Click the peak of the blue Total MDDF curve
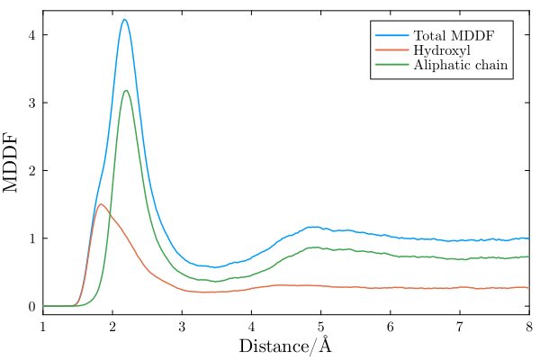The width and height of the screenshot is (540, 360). [x=125, y=20]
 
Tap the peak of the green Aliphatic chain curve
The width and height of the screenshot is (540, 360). [x=126, y=90]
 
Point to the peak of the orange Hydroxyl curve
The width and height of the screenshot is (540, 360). [x=101, y=204]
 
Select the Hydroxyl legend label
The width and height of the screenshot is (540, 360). [x=441, y=49]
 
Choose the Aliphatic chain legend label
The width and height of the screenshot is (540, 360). [x=460, y=65]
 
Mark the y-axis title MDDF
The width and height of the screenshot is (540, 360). [x=13, y=163]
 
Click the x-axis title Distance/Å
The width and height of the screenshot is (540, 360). [x=285, y=346]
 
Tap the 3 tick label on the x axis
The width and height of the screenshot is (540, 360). [x=182, y=325]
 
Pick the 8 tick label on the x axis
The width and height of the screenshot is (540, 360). [x=528, y=325]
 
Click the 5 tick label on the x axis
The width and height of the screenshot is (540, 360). [x=320, y=325]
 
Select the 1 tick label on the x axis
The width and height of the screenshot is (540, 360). [x=42, y=325]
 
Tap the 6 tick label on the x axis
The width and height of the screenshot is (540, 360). [x=390, y=325]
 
